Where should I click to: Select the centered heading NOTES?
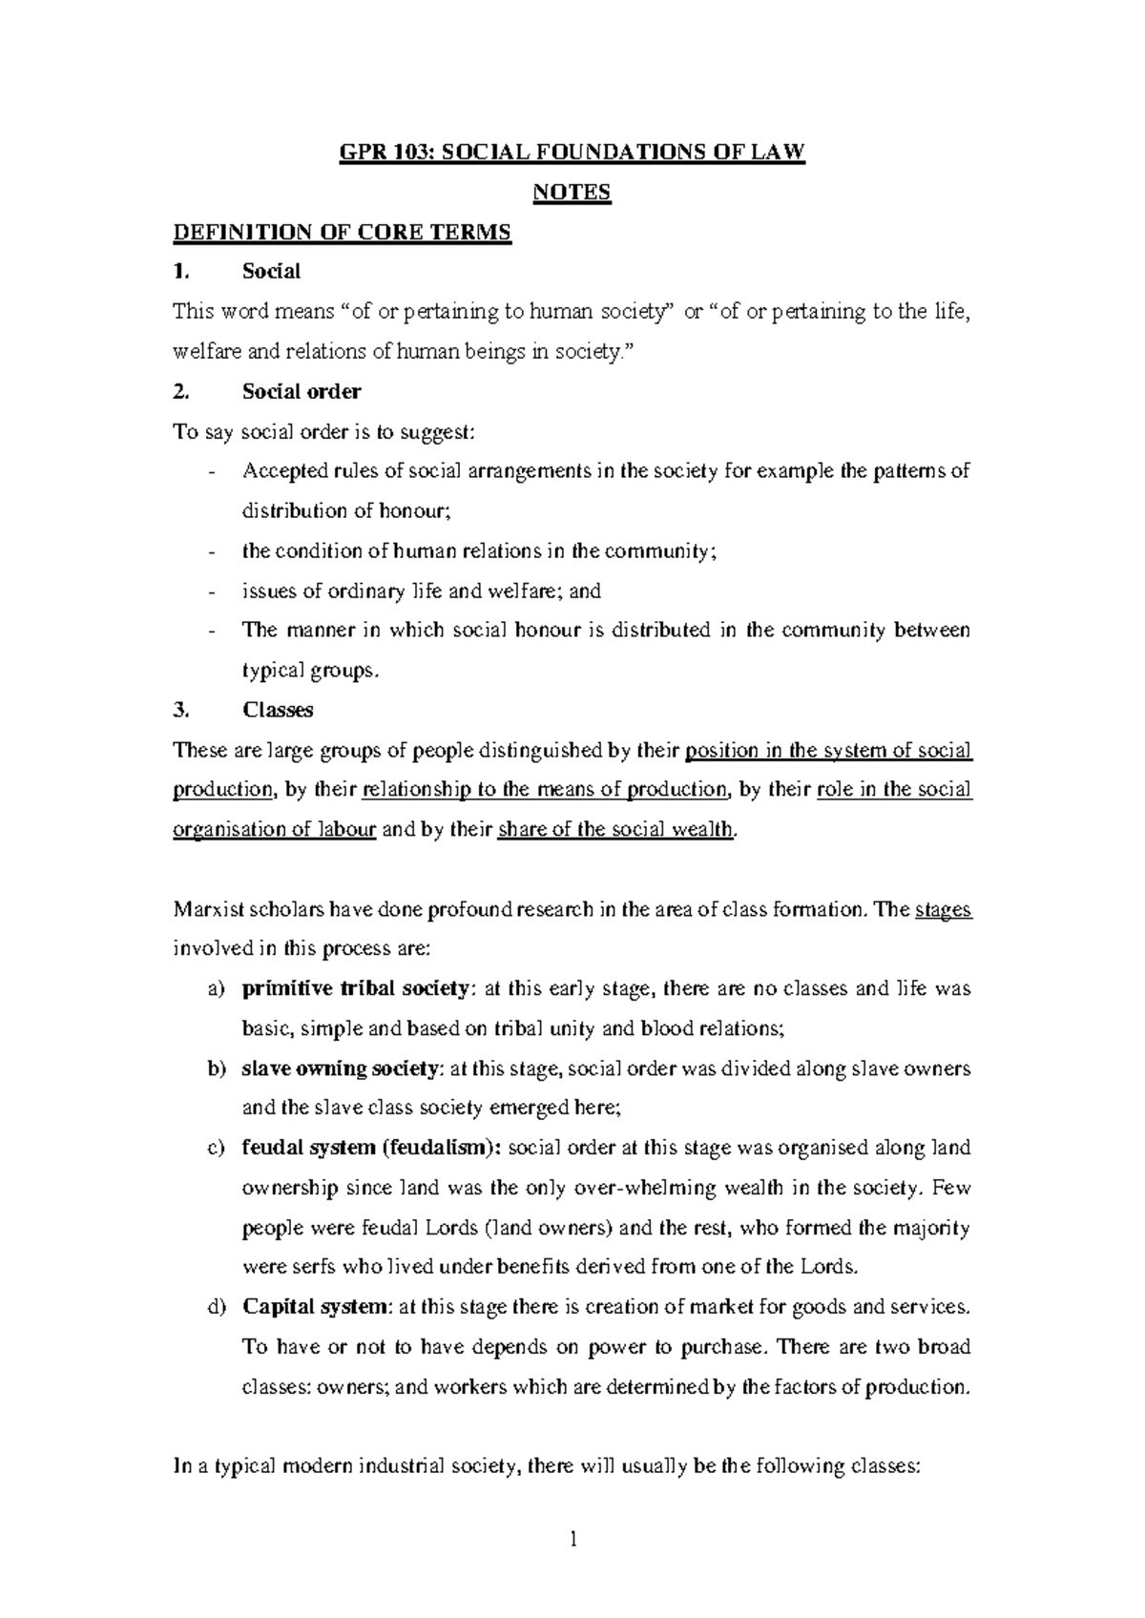pyautogui.click(x=571, y=193)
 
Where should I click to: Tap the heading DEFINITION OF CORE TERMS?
pyautogui.click(x=343, y=233)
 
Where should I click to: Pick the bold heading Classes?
pyautogui.click(x=278, y=710)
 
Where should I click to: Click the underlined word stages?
pyautogui.click(x=943, y=909)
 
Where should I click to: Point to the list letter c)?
pyautogui.click(x=216, y=1148)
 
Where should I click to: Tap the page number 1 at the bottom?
pyautogui.click(x=572, y=1539)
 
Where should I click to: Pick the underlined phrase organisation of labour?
pyautogui.click(x=274, y=829)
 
